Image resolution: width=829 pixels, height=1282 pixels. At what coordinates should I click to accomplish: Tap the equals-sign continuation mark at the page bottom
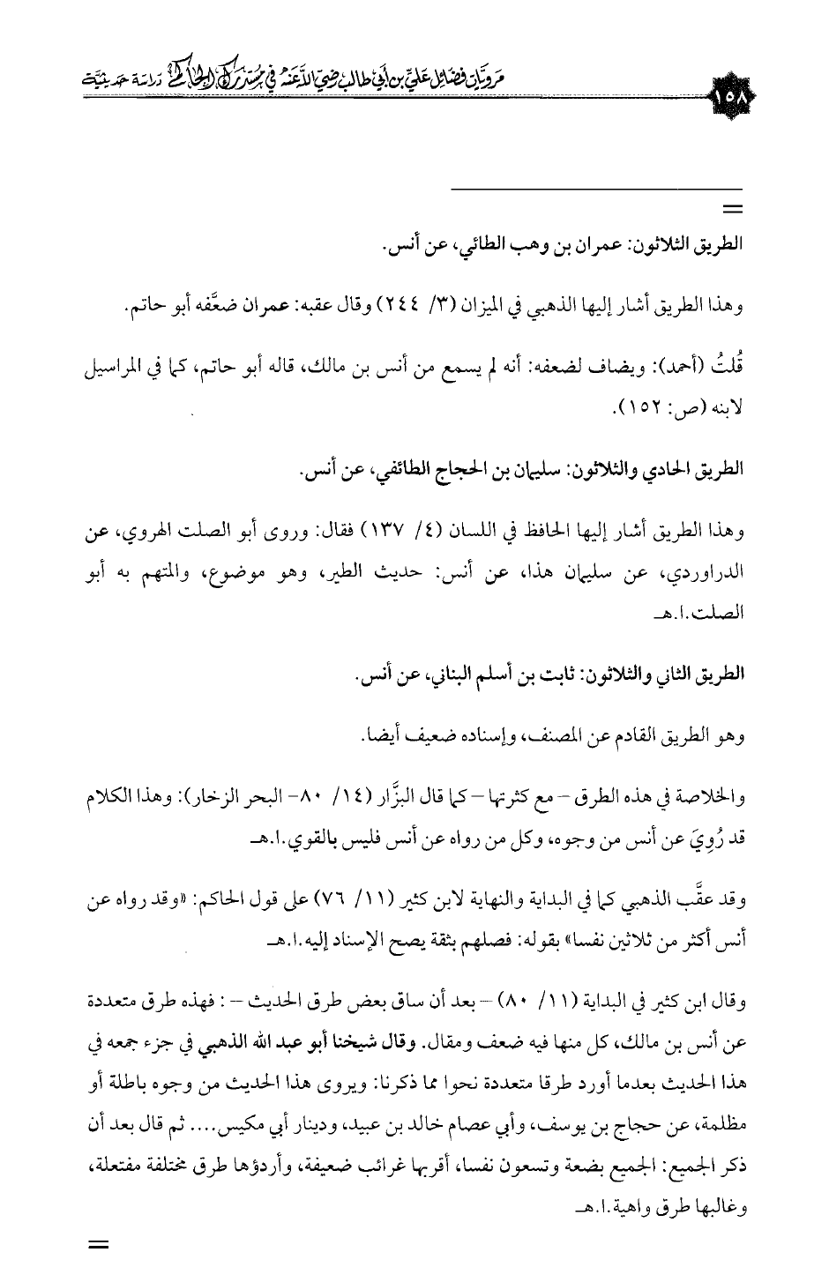pyautogui.click(x=98, y=1246)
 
